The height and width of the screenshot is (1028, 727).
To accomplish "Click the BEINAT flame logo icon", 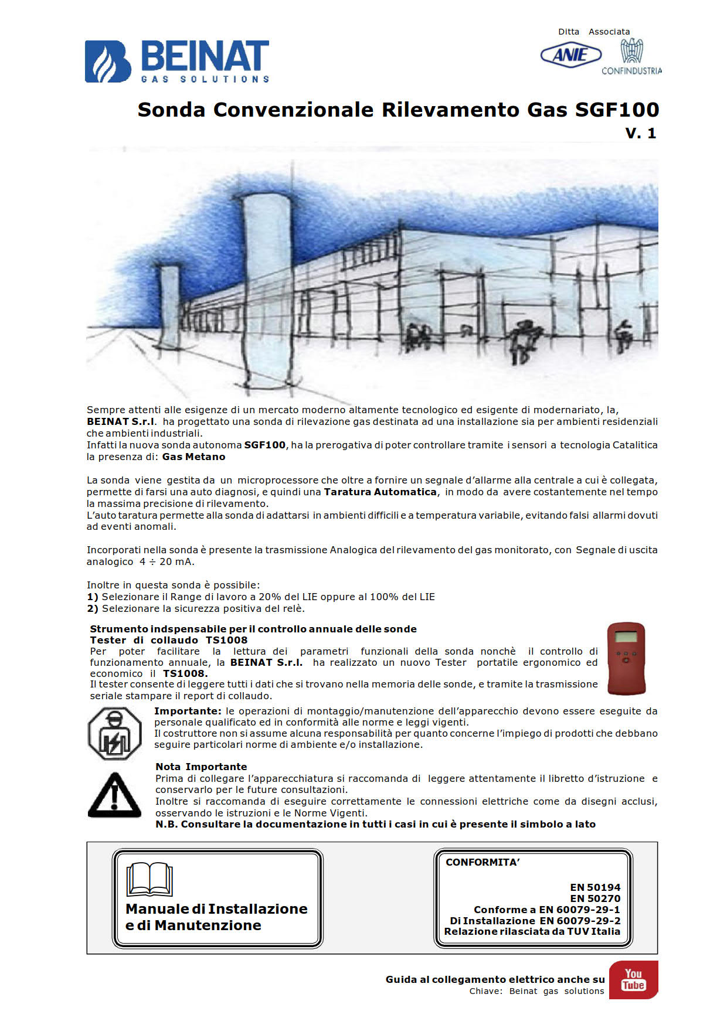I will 108,62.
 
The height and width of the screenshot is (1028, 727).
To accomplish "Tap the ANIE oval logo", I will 570,55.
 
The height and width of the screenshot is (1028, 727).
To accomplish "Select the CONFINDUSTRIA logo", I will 631,56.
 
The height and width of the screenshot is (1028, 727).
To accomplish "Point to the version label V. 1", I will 640,134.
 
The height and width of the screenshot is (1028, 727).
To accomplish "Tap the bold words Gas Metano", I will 193,457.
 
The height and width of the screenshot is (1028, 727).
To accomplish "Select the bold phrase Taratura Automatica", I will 380,492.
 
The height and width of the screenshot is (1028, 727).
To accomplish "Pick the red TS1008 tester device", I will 626,658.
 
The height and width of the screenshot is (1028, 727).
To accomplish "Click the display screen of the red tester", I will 626,637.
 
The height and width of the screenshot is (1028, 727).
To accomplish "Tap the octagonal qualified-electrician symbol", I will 115,733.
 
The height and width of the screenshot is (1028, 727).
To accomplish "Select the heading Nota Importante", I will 201,767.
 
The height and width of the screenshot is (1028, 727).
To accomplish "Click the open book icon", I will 150,879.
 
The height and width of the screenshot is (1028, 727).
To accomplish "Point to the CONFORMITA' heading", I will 483,862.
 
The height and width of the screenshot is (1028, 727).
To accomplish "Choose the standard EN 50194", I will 595,887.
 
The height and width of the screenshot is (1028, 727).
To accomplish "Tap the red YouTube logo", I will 633,979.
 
